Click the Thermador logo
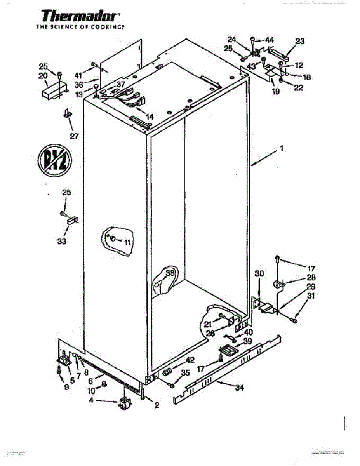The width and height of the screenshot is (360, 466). [80, 16]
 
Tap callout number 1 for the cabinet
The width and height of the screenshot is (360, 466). [282, 148]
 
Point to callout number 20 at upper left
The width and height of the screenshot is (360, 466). [43, 76]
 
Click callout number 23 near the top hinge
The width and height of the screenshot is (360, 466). [300, 41]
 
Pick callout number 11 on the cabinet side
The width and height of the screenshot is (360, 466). [128, 243]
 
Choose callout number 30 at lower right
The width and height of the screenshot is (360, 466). [259, 274]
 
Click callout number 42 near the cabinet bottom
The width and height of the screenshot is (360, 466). [191, 360]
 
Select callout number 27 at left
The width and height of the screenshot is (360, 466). [74, 136]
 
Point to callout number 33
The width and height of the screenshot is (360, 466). [62, 241]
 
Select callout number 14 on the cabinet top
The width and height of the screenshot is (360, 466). [150, 116]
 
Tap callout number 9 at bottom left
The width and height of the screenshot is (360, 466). [66, 387]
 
